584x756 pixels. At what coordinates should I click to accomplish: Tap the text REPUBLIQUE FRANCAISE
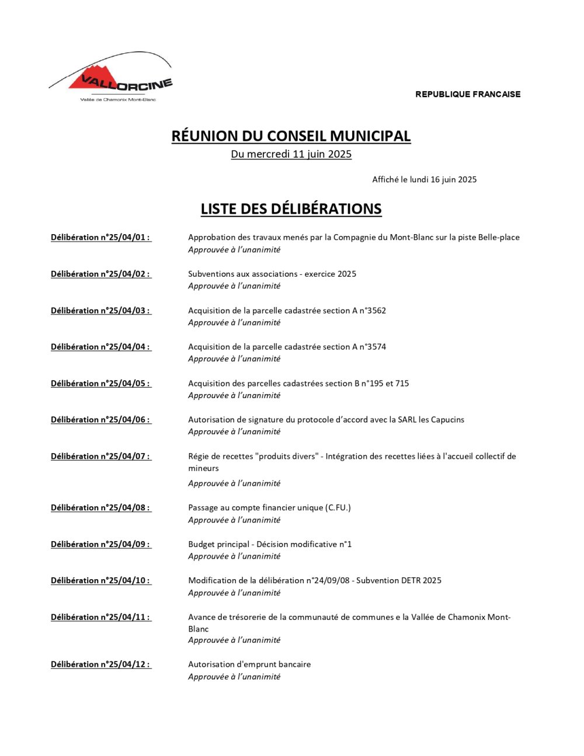pos(468,94)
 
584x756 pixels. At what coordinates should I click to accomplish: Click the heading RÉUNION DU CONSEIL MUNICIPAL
pos(291,136)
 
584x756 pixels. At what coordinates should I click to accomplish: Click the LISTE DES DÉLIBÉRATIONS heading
pos(291,209)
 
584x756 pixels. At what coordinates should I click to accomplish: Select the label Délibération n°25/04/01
pos(100,238)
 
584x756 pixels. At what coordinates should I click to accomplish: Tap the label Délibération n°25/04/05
pos(100,384)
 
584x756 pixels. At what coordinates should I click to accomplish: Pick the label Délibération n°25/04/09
pos(100,544)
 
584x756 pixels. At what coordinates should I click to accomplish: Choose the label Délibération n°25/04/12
pos(100,664)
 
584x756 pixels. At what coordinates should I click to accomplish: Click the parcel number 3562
pos(376,311)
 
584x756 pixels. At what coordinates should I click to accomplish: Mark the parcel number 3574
pos(376,347)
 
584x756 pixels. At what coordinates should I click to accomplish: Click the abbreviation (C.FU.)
pos(338,508)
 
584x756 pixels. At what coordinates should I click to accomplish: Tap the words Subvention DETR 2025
pos(399,580)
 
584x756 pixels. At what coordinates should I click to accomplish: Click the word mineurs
pos(203,468)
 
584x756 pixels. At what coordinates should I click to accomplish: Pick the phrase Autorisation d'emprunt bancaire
pos(249,664)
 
